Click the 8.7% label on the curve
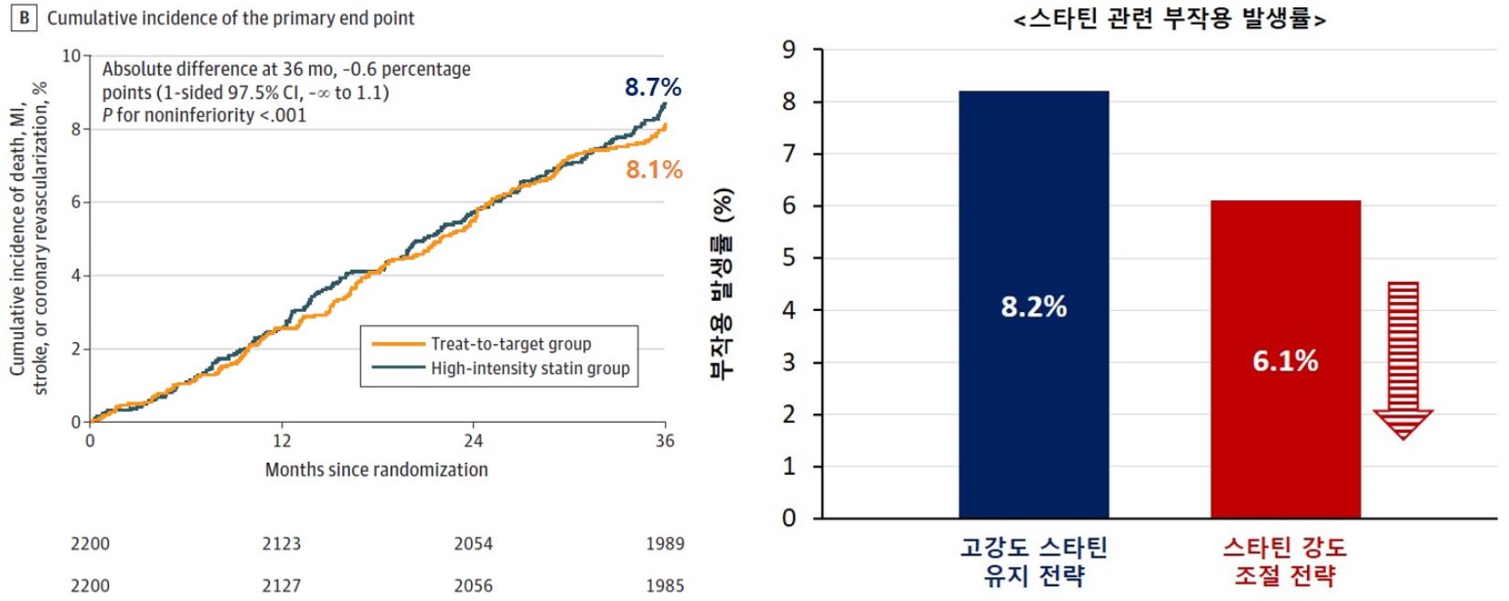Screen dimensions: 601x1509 tap(652, 88)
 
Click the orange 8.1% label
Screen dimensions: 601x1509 tap(654, 169)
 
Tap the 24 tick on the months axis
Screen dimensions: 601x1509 tap(473, 441)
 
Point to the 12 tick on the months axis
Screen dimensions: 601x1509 tap(282, 441)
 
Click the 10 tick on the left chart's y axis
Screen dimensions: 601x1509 tap(71, 56)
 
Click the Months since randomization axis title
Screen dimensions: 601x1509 tap(376, 469)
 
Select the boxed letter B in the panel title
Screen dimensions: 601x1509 tap(24, 18)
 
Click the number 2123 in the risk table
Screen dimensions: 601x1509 tap(282, 543)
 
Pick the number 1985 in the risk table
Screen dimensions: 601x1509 tap(665, 585)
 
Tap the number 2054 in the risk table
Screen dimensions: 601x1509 tap(473, 543)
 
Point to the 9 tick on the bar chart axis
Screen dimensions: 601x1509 tap(789, 49)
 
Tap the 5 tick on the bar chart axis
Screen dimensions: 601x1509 tap(789, 258)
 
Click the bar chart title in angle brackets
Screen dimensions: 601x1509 tap(1170, 18)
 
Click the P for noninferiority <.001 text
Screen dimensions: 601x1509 tap(204, 115)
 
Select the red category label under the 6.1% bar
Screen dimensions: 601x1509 tap(1285, 562)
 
